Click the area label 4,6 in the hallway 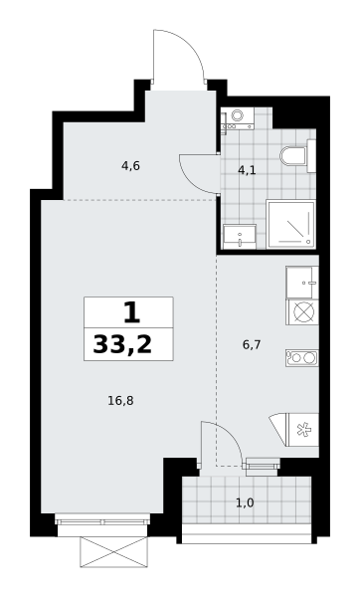pyautogui.click(x=130, y=166)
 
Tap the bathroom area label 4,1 pyautogui.click(x=247, y=170)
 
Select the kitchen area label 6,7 pyautogui.click(x=252, y=345)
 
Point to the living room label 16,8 pyautogui.click(x=120, y=401)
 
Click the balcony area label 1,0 pyautogui.click(x=245, y=503)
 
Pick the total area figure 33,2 pyautogui.click(x=122, y=345)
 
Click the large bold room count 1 pyautogui.click(x=131, y=312)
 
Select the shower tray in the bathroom pyautogui.click(x=291, y=224)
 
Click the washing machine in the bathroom pyautogui.click(x=238, y=118)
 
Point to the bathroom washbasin pyautogui.click(x=240, y=237)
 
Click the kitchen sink pyautogui.click(x=302, y=283)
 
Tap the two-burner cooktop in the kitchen pyautogui.click(x=302, y=358)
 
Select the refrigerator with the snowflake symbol pyautogui.click(x=303, y=430)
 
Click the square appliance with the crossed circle pyautogui.click(x=302, y=312)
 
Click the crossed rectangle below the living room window pyautogui.click(x=113, y=552)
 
